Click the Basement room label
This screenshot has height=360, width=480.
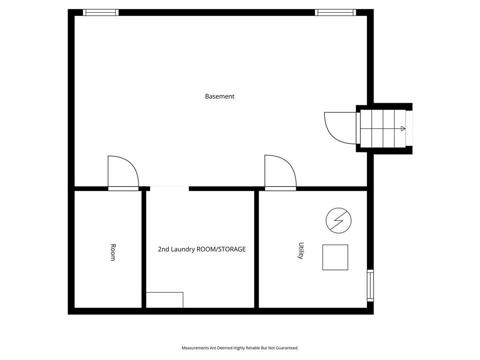219,97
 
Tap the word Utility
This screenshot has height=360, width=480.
301,251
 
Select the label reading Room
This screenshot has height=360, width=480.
112,252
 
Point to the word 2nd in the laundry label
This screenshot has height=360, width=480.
163,249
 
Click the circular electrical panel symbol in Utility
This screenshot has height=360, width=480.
338,220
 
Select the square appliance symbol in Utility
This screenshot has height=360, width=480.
335,257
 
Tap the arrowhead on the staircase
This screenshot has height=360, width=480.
403,129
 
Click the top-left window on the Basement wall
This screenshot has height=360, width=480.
101,13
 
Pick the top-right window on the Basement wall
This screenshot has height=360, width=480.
336,13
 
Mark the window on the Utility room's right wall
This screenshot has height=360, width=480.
370,285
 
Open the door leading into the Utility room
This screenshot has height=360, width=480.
280,172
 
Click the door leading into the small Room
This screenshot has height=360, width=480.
123,173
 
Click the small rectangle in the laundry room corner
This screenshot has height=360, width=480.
165,300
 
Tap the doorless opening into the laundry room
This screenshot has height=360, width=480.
169,188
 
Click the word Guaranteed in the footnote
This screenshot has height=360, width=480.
287,348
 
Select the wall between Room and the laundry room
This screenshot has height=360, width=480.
144,249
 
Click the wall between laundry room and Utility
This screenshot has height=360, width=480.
256,249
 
